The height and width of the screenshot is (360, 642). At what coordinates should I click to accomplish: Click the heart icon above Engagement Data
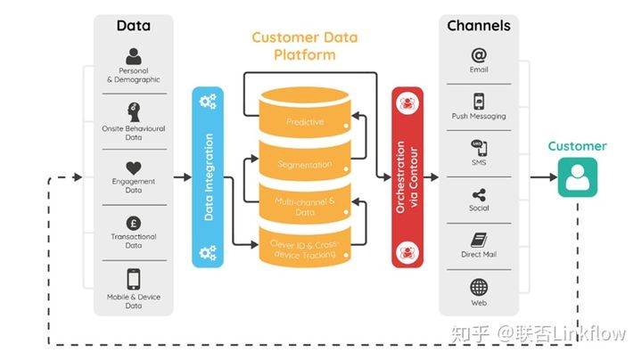coord(134,168)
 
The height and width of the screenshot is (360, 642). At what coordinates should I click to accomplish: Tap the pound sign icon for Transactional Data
coord(134,224)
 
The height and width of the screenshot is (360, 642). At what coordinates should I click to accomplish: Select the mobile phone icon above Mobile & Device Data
coord(134,279)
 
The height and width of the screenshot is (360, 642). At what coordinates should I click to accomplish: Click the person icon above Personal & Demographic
coord(134,56)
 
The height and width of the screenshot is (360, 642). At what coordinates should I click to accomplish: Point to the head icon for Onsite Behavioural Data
coord(134,111)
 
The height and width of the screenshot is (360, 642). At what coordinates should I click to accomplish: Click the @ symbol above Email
coord(479,55)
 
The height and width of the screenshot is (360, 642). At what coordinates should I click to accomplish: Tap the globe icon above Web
coord(479,287)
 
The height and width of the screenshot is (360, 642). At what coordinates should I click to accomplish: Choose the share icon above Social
coord(479,195)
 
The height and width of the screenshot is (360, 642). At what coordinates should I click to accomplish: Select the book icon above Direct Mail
coord(479,240)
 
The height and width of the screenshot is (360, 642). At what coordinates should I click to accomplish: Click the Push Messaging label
coord(479,116)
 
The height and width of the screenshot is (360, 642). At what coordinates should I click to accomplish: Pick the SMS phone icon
coord(479,148)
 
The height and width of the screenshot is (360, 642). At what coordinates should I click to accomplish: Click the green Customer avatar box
coord(577,177)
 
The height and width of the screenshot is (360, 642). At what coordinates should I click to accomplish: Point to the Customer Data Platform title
coord(305,45)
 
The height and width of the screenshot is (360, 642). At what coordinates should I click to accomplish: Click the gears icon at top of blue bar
coord(208,102)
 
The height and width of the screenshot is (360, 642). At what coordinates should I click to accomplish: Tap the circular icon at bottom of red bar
coord(407,251)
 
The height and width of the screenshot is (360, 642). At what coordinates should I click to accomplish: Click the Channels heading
coord(479,26)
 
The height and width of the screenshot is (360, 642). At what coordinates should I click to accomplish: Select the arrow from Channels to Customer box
coord(544,177)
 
